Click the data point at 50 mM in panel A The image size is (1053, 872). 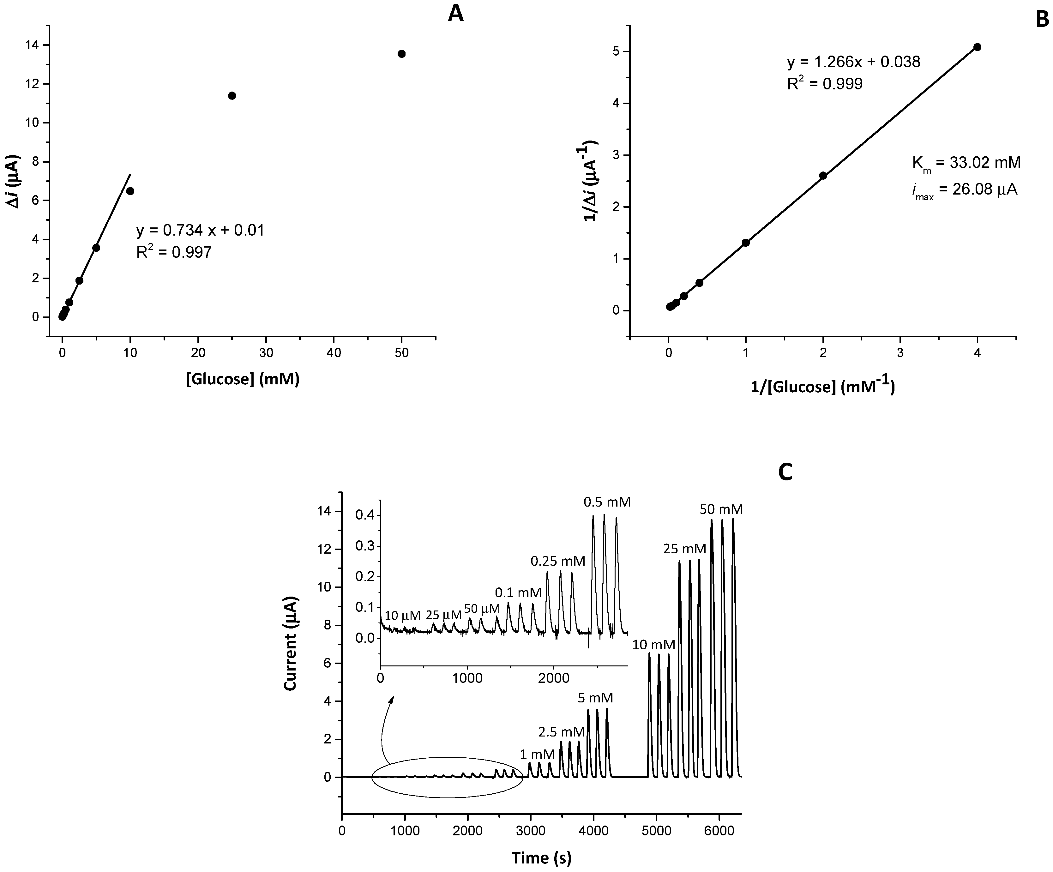tap(401, 54)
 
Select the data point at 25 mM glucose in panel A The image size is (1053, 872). tap(232, 96)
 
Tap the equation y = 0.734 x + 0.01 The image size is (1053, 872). tap(200, 230)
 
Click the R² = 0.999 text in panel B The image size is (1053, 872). tap(825, 84)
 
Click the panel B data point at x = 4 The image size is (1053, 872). tap(977, 47)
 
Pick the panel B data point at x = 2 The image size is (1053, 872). tap(823, 176)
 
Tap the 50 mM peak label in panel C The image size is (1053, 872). tap(721, 509)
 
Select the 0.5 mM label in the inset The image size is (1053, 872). tap(607, 502)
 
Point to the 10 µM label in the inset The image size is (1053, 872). tap(403, 615)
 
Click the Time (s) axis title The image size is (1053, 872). tap(542, 857)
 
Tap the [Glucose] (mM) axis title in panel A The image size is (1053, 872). tap(243, 380)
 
